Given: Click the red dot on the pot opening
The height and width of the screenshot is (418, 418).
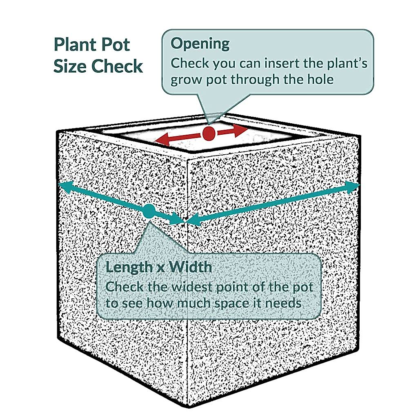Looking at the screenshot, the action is coord(209,133).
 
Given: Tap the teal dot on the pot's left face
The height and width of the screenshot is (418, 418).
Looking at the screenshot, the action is coord(149,211).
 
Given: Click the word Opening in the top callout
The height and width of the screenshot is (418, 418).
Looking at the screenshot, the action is coord(200,44).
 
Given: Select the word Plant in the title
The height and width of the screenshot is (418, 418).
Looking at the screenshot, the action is coord(73,44).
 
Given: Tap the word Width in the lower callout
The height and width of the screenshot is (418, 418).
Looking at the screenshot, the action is coord(190,267).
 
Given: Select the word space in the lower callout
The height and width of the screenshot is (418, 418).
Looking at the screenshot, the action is coord(231,304).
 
